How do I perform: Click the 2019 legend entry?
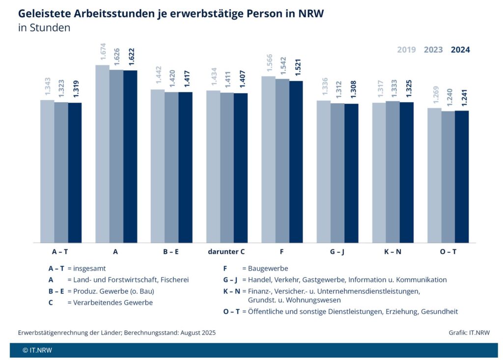[406, 50]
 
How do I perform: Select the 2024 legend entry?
[460, 50]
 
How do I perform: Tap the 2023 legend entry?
[433, 50]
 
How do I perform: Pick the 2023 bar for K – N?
[392, 171]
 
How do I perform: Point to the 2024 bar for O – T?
[462, 176]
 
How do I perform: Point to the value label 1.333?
[392, 88]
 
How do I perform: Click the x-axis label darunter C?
[226, 251]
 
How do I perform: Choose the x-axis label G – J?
[337, 251]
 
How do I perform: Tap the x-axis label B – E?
[171, 251]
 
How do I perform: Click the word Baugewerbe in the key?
[268, 269]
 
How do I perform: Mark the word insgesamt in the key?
[90, 269]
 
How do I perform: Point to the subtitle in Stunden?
[44, 28]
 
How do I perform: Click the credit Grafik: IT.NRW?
[469, 332]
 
